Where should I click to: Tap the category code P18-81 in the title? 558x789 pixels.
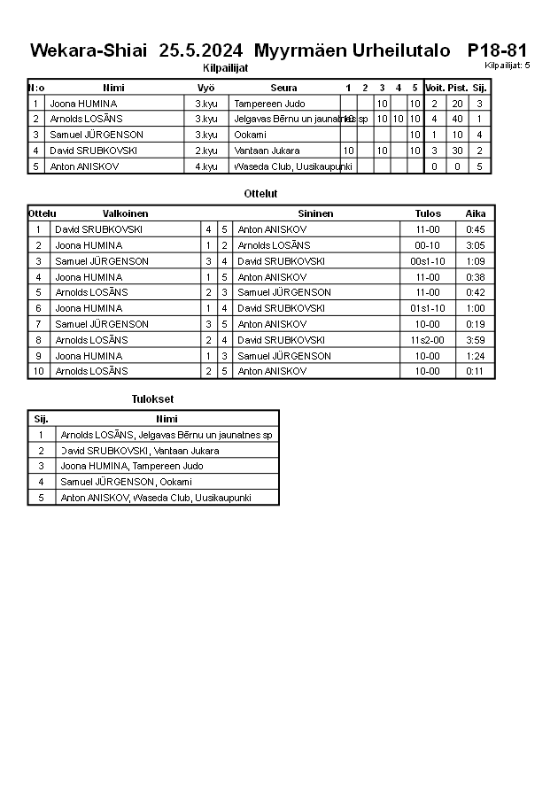click(x=497, y=50)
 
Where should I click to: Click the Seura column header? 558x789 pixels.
click(x=283, y=88)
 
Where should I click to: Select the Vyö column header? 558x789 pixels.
click(x=205, y=88)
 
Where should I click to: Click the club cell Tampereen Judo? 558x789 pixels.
click(x=269, y=104)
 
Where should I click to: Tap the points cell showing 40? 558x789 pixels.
click(x=457, y=119)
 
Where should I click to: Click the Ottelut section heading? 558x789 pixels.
click(x=260, y=193)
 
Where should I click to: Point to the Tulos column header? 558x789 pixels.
click(x=428, y=213)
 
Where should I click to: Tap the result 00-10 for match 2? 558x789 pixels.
click(x=428, y=245)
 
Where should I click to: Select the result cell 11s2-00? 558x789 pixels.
click(x=428, y=340)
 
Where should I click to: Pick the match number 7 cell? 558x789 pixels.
click(x=38, y=324)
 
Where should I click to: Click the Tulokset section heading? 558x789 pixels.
click(x=152, y=399)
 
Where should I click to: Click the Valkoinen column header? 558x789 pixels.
click(x=125, y=213)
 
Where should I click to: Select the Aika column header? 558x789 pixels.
click(x=476, y=213)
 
